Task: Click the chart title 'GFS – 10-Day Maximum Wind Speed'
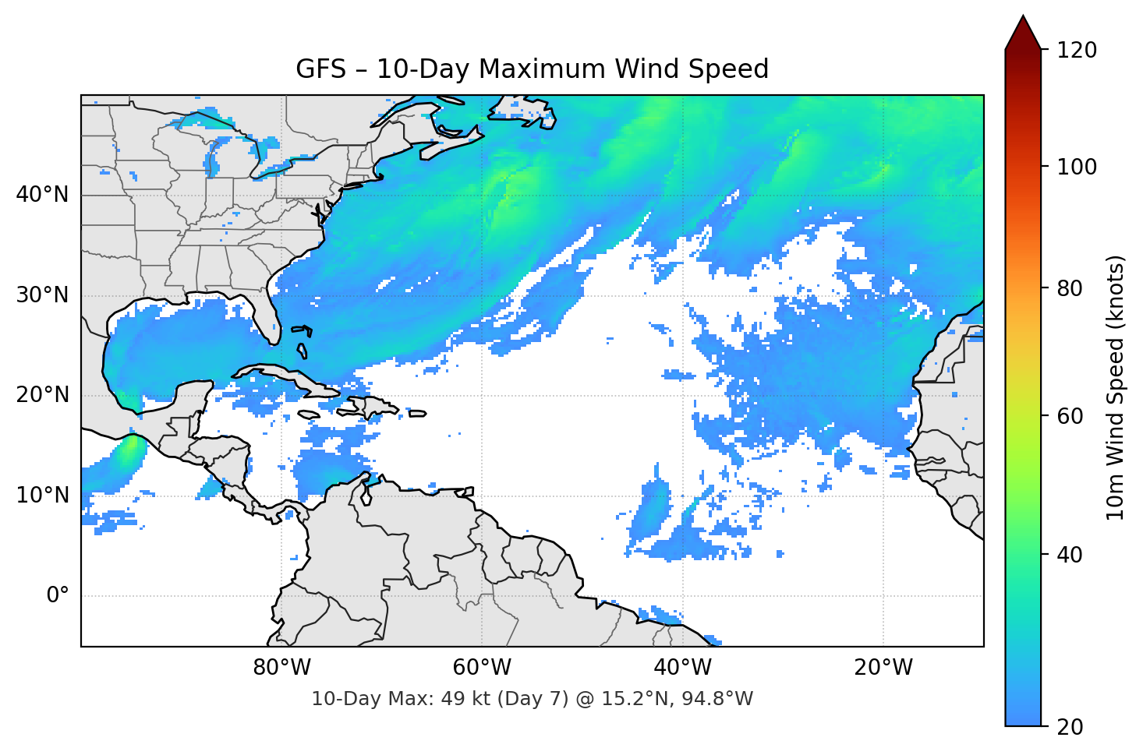(532, 69)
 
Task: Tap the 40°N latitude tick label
(42, 195)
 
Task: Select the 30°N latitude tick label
(42, 295)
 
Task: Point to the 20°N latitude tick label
(42, 395)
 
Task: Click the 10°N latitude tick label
(42, 496)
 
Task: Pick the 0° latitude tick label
(58, 596)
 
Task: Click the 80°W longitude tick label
(281, 668)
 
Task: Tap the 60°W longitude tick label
(482, 668)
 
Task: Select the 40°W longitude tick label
(682, 668)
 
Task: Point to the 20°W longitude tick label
(883, 668)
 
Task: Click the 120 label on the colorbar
(1076, 51)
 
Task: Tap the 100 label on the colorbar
(1076, 167)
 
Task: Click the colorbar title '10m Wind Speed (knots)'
(1116, 387)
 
